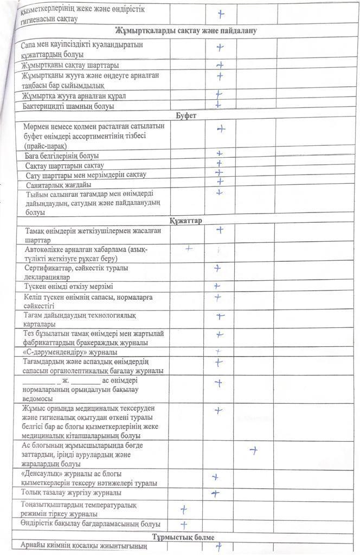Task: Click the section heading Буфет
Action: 186,116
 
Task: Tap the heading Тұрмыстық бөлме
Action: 183,537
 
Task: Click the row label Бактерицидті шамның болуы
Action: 68,106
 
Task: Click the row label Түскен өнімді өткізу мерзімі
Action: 68,286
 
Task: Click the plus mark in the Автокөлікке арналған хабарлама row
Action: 189,249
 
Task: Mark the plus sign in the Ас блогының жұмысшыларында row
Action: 253,450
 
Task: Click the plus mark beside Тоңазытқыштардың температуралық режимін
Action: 184,509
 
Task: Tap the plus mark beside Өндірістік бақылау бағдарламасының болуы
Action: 184,524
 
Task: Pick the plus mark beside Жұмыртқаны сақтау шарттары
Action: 220,65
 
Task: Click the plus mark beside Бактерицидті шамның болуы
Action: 218,105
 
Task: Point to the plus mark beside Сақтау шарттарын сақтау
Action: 219,163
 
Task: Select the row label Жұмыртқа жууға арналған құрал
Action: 74,96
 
